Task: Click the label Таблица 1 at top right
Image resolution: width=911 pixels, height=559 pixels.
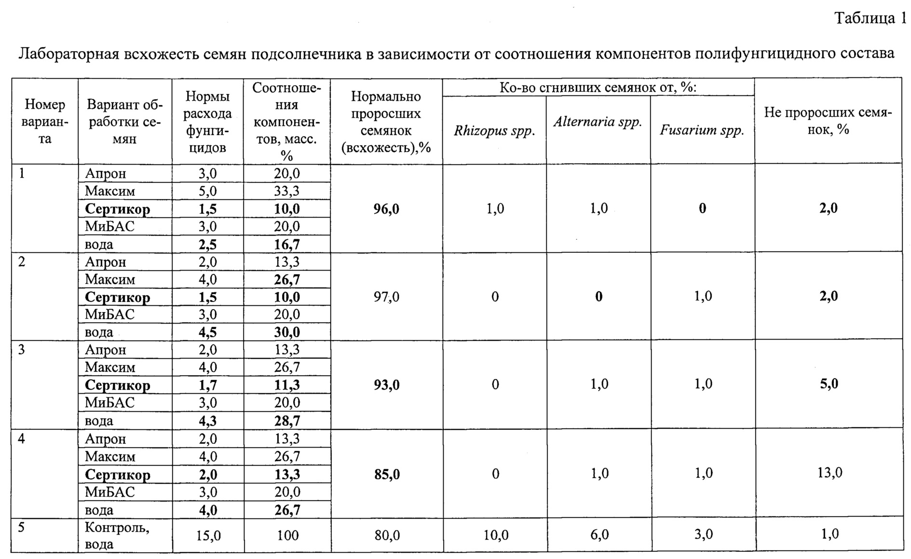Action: [x=871, y=18]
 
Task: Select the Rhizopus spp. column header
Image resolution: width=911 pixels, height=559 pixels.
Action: [x=494, y=131]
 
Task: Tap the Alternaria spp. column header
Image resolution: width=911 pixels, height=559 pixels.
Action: [x=598, y=122]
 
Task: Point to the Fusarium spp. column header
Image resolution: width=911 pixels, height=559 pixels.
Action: [x=702, y=131]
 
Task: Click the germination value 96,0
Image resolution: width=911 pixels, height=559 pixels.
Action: [x=386, y=209]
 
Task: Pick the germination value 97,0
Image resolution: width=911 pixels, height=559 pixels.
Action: [x=386, y=297]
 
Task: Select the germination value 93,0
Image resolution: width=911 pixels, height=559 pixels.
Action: [x=386, y=385]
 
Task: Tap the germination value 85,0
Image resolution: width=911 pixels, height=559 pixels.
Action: [x=386, y=475]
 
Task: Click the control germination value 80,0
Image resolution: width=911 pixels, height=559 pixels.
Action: [x=386, y=535]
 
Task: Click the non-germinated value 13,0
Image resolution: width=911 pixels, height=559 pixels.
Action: [x=829, y=473]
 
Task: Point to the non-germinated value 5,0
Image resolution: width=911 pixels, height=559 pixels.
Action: [x=829, y=384]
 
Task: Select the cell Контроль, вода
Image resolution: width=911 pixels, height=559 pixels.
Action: [x=117, y=535]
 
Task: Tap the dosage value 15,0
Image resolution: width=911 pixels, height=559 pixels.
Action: [x=208, y=535]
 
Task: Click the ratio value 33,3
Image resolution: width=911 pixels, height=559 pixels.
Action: [x=287, y=191]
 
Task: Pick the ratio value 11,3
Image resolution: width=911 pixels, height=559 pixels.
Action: [x=287, y=385]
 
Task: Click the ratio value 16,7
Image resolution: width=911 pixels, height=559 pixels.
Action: [x=287, y=245]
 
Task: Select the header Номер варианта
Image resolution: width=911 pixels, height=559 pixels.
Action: [x=45, y=122]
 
